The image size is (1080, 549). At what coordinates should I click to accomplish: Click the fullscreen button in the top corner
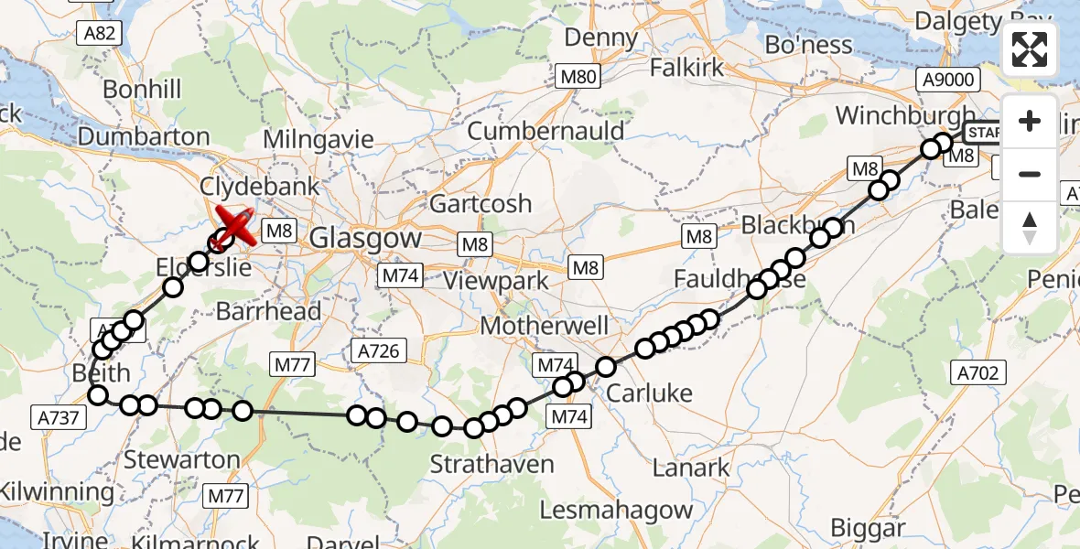(x=1030, y=50)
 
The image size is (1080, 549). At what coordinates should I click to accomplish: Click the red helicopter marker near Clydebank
(x=235, y=225)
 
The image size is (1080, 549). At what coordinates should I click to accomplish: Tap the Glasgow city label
(x=366, y=239)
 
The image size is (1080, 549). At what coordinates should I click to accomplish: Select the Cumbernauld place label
(x=545, y=131)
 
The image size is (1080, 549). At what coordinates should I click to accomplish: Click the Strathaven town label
(x=493, y=464)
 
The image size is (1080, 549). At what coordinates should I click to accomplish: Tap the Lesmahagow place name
(x=616, y=510)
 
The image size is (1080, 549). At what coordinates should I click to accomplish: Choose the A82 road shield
(x=100, y=34)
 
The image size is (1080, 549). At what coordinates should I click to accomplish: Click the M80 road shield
(x=578, y=77)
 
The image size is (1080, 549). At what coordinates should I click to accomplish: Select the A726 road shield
(x=378, y=350)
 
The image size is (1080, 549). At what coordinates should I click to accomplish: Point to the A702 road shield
(x=979, y=372)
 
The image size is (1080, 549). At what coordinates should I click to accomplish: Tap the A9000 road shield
(x=948, y=80)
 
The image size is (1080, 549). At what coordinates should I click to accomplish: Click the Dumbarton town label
(x=144, y=137)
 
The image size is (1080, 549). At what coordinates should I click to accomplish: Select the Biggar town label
(x=868, y=528)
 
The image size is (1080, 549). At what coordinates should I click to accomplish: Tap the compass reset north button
(x=1030, y=227)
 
